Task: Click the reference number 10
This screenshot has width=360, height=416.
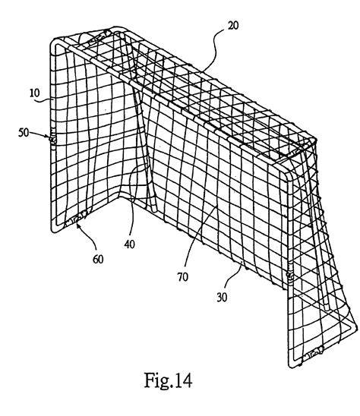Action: pyautogui.click(x=34, y=93)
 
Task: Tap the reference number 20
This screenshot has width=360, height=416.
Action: pyautogui.click(x=233, y=26)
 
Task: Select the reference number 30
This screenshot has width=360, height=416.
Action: pyautogui.click(x=222, y=297)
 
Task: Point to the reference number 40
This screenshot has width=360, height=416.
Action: pyautogui.click(x=129, y=244)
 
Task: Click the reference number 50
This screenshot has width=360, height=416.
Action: pyautogui.click(x=24, y=132)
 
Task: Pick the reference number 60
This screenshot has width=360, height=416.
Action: pyautogui.click(x=98, y=259)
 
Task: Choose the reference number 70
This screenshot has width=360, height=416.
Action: pyautogui.click(x=182, y=277)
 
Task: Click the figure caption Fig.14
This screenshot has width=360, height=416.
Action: pyautogui.click(x=168, y=380)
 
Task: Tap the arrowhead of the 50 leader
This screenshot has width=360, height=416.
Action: pyautogui.click(x=49, y=137)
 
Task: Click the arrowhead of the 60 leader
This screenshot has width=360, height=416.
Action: pyautogui.click(x=77, y=225)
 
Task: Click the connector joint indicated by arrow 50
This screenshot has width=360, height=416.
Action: pyautogui.click(x=53, y=138)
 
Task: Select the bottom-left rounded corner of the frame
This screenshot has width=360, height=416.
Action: pyautogui.click(x=54, y=228)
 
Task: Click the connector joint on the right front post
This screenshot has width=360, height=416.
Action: pyautogui.click(x=290, y=276)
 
